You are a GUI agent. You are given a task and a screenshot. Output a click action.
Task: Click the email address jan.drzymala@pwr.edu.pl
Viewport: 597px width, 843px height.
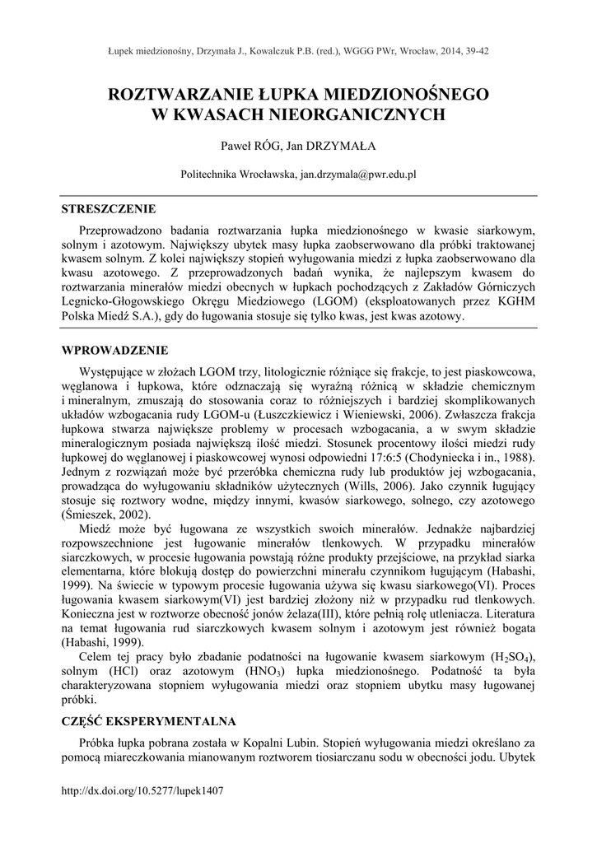coord(357,175)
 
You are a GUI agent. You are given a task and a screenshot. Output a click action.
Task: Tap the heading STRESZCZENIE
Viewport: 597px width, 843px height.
coord(109,208)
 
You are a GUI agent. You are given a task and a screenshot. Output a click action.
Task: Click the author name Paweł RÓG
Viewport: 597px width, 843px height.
coord(248,146)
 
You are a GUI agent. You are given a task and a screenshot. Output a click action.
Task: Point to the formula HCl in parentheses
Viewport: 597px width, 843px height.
coord(119,672)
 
